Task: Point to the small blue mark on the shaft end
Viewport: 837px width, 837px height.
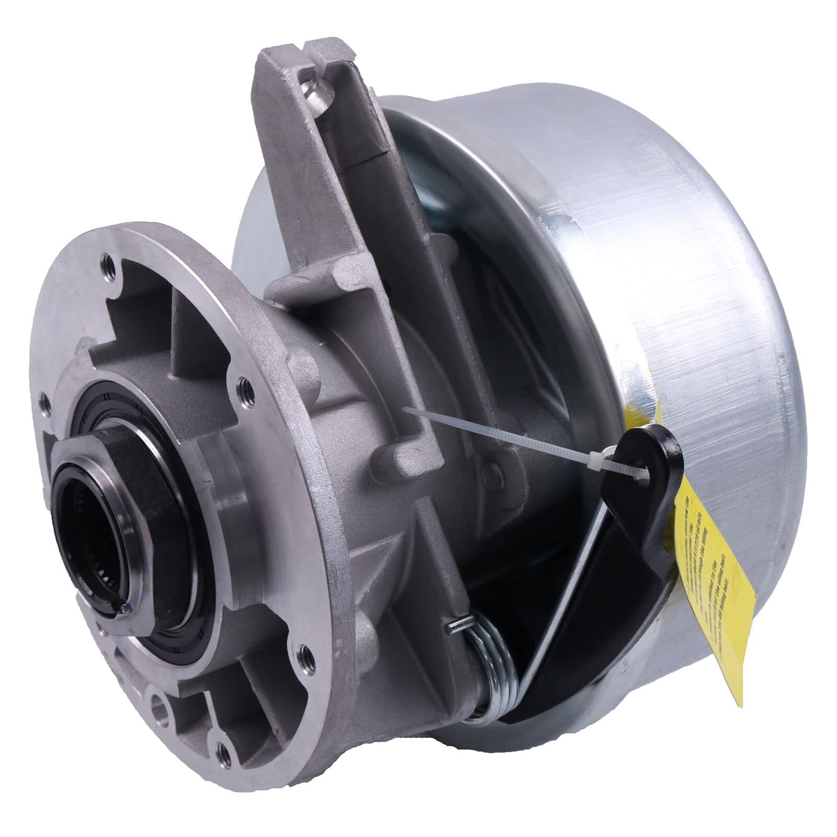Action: click(x=123, y=605)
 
